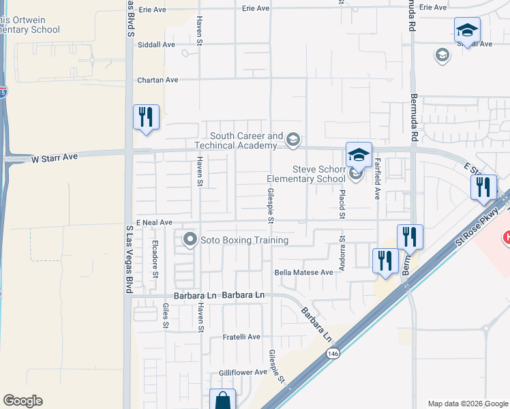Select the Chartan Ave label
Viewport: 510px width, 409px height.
coord(157,80)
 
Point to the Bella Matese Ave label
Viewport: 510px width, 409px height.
coord(303,272)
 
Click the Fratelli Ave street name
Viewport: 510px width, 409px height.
coord(242,337)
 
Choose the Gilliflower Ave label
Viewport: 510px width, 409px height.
coord(243,372)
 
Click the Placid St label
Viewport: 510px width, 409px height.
coord(342,204)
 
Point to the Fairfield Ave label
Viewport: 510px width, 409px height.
coord(376,179)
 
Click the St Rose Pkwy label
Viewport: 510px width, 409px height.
coord(478,224)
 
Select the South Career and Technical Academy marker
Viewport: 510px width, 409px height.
coord(292,140)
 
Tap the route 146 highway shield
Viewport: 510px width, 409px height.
coord(333,353)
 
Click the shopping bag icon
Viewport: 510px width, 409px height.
coord(223,400)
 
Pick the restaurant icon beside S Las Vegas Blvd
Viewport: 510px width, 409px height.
coord(146,117)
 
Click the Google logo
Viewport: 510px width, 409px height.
coord(23,401)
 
